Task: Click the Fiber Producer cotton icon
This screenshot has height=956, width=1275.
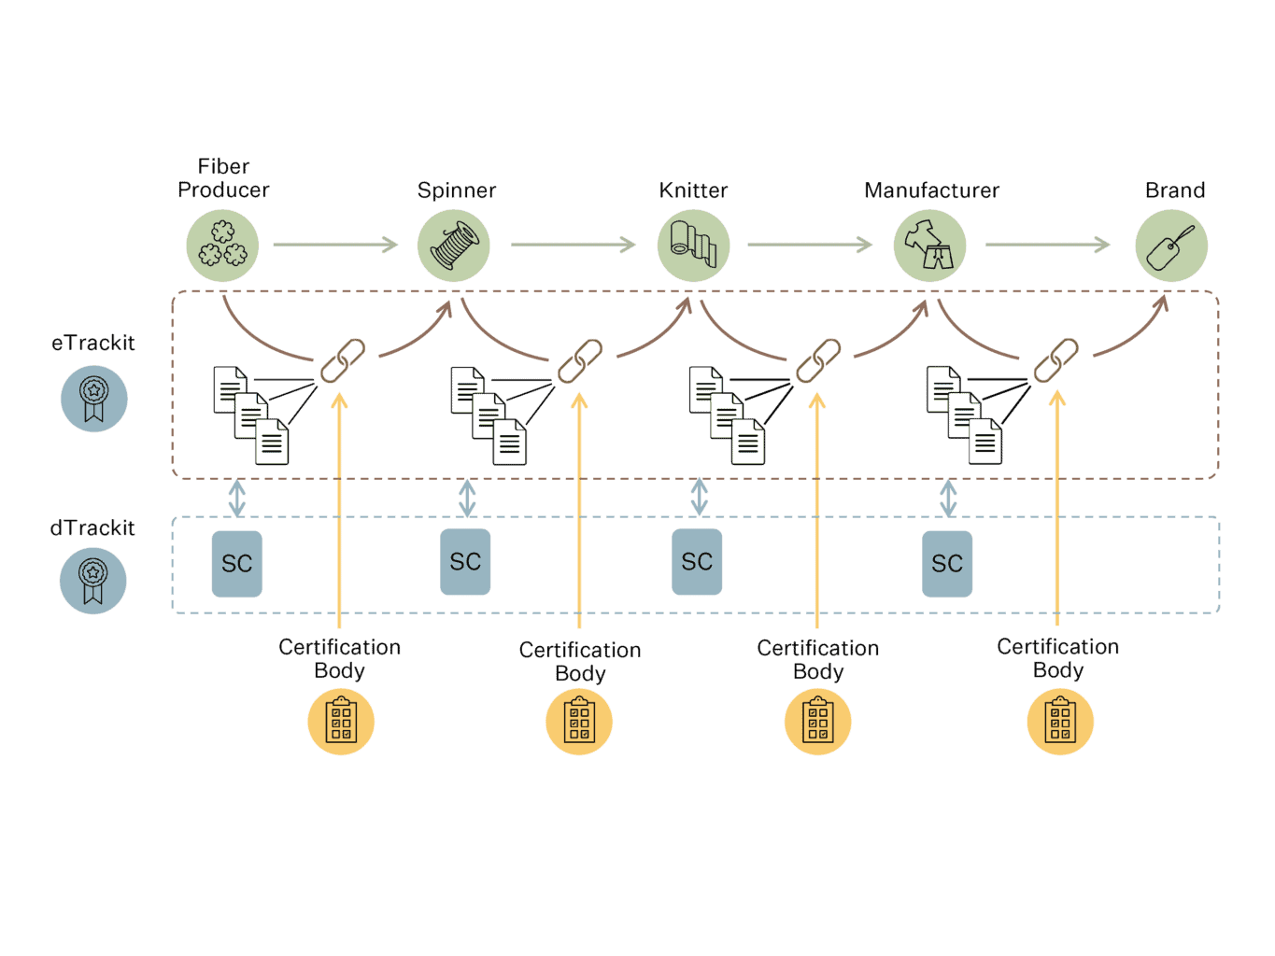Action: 222,245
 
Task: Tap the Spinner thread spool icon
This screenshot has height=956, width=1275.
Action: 454,245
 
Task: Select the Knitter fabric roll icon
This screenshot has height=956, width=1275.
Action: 693,245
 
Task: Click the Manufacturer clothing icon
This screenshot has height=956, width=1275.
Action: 929,245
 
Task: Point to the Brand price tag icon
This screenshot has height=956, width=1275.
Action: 1171,245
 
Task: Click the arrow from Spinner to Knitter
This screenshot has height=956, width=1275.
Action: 573,245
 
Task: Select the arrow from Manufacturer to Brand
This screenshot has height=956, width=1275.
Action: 1047,245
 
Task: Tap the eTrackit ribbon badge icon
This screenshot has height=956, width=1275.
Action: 93,399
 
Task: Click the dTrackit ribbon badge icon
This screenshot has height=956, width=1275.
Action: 92,581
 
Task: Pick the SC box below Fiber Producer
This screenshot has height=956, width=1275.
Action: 236,563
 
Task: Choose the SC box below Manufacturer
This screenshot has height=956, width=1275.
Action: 947,563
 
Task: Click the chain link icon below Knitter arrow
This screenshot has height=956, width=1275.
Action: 817,361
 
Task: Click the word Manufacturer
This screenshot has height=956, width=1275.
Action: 931,190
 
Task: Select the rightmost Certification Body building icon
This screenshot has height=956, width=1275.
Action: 1060,722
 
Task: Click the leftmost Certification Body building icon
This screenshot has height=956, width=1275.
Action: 341,722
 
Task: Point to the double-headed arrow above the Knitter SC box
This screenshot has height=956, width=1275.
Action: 699,497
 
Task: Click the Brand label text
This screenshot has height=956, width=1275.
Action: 1175,190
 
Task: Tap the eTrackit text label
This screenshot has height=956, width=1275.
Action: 93,343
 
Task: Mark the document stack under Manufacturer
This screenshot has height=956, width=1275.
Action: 964,415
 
